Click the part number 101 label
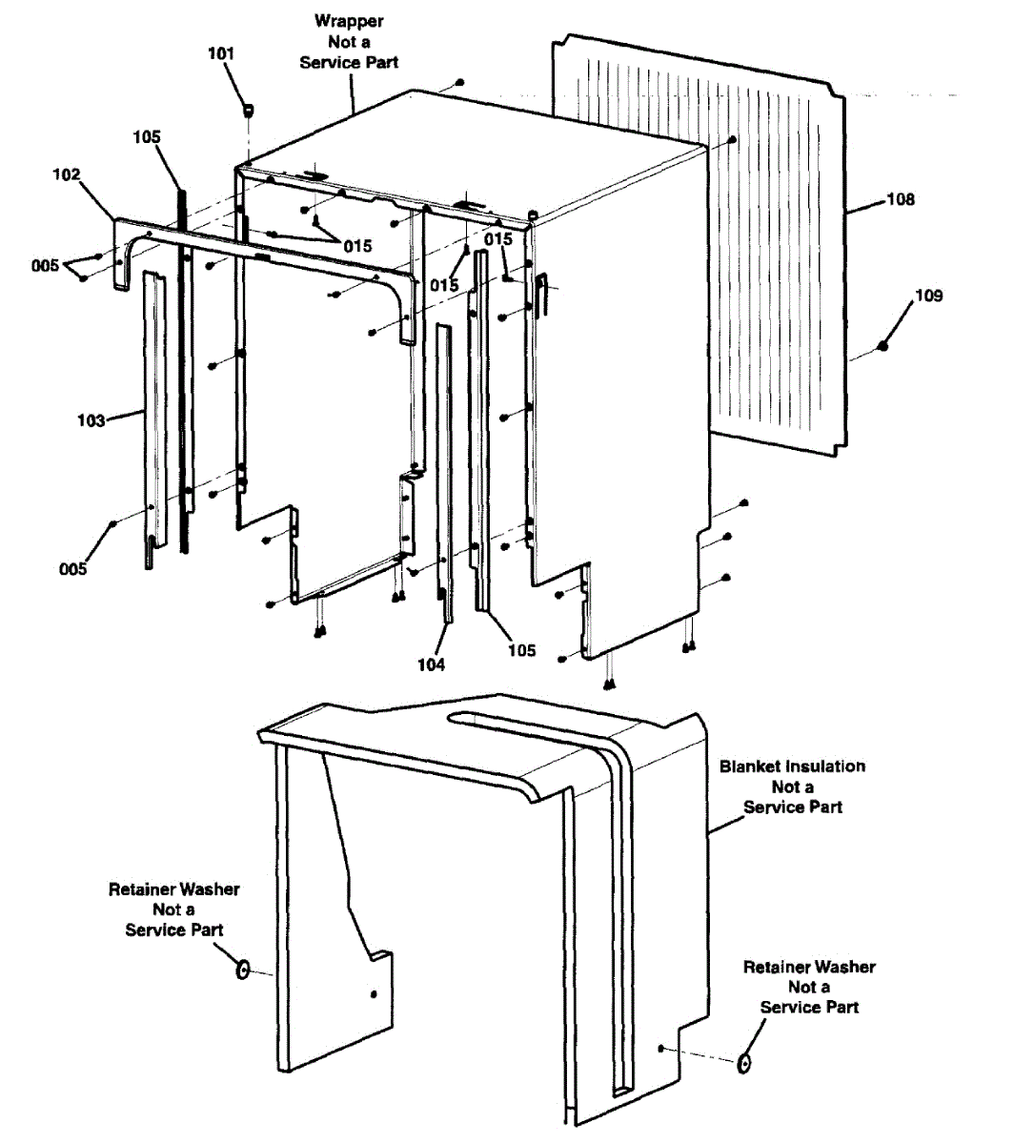pyautogui.click(x=220, y=53)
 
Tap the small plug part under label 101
pyautogui.click(x=249, y=111)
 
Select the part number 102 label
pyautogui.click(x=67, y=174)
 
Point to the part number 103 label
pyautogui.click(x=91, y=420)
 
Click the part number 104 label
pyautogui.click(x=431, y=664)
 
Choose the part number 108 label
pyautogui.click(x=900, y=199)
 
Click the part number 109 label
pyautogui.click(x=928, y=296)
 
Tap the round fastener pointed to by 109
pyautogui.click(x=883, y=345)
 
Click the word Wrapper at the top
pyautogui.click(x=349, y=21)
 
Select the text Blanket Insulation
pyautogui.click(x=792, y=766)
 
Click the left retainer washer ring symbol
pyautogui.click(x=243, y=970)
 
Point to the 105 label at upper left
pyautogui.click(x=147, y=137)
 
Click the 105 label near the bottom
pyautogui.click(x=521, y=650)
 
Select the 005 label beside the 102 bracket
pyautogui.click(x=45, y=265)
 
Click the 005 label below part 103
pyautogui.click(x=72, y=569)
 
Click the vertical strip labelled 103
pyautogui.click(x=152, y=419)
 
